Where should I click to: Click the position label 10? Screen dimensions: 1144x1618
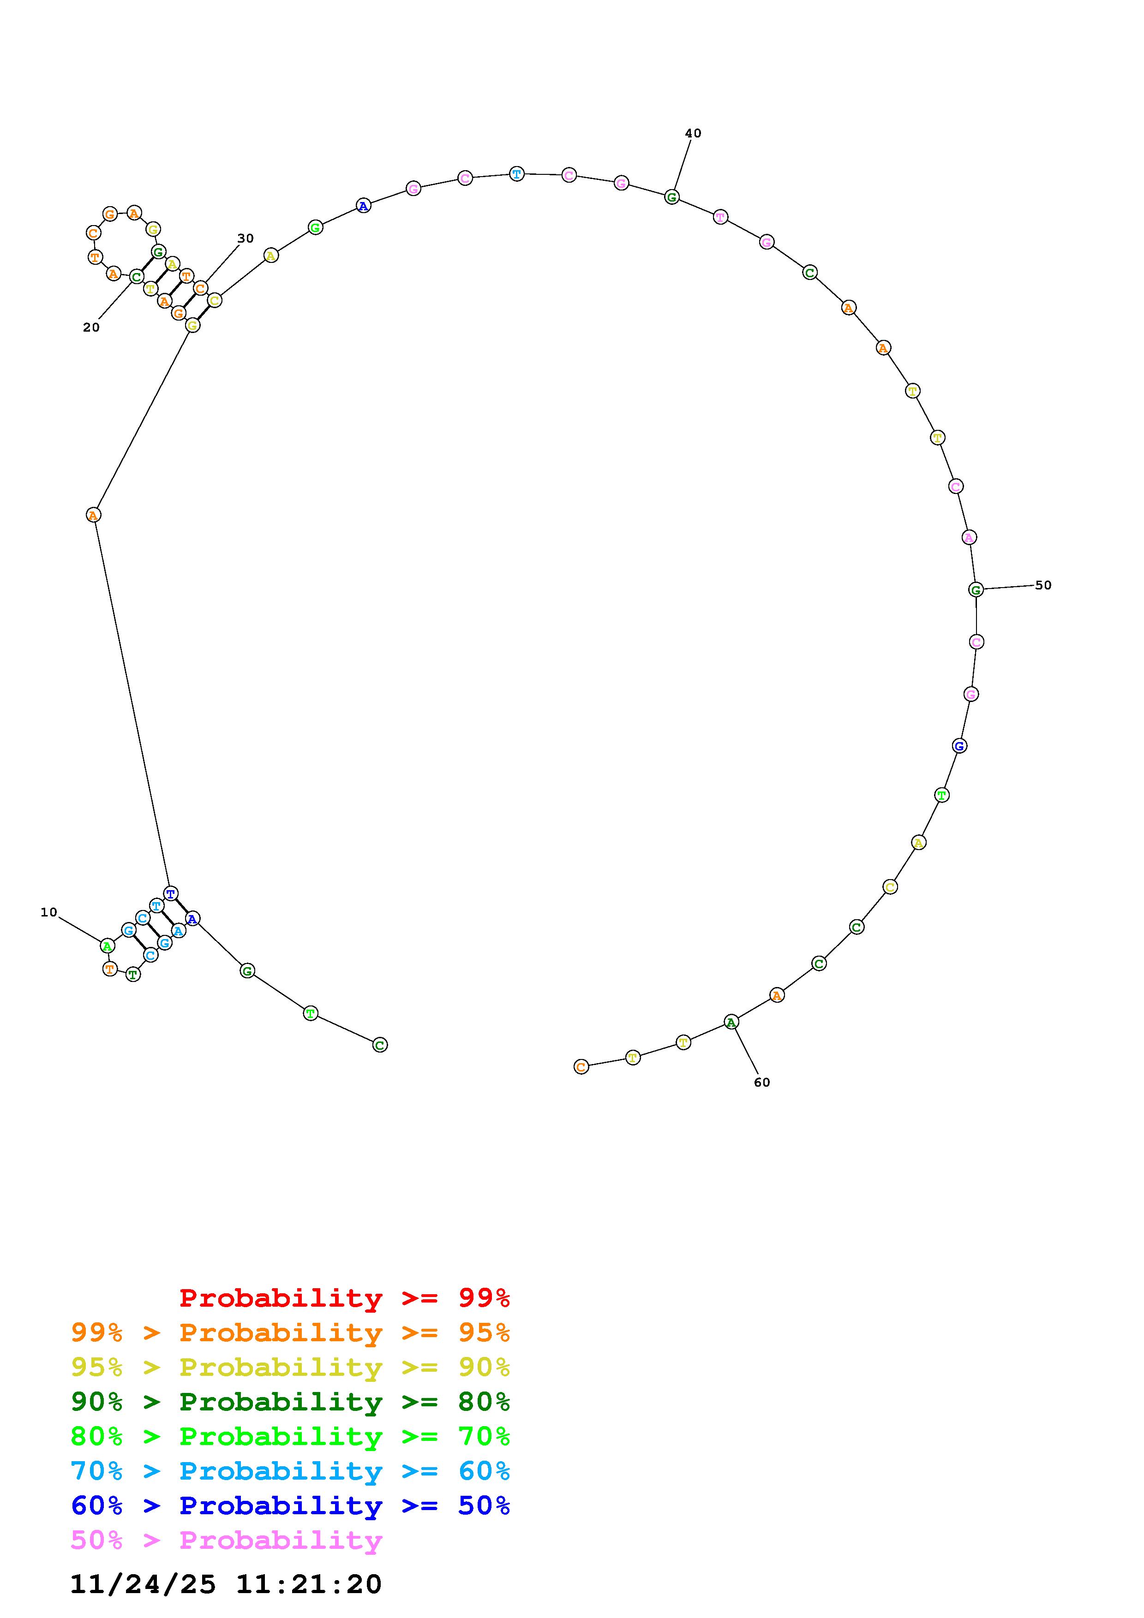(48, 913)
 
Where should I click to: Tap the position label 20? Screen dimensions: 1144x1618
(91, 327)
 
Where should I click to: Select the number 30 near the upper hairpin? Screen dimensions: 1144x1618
(246, 239)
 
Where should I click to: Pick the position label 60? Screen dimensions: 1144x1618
(762, 1083)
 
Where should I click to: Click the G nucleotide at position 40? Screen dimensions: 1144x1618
(672, 197)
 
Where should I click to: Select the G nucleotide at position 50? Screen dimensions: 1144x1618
(976, 590)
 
